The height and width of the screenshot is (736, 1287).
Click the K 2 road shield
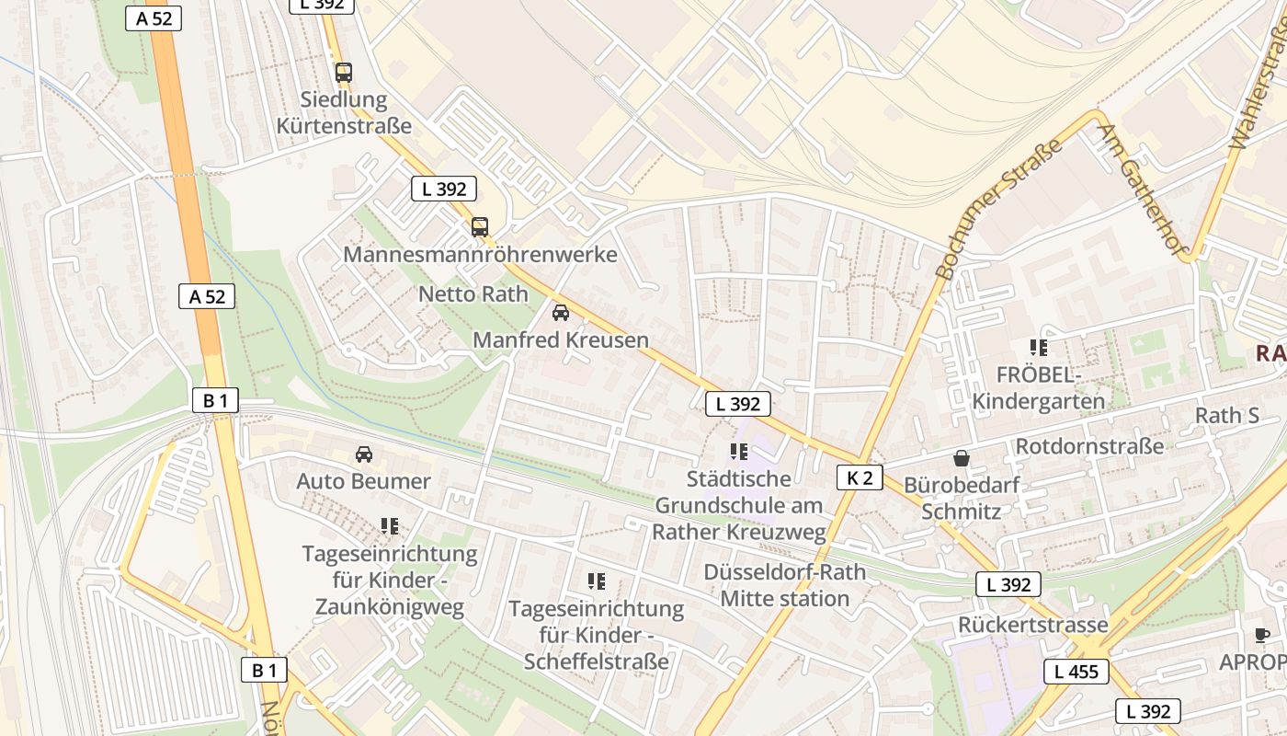[x=860, y=477]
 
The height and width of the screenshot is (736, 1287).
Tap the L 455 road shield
[x=1076, y=672]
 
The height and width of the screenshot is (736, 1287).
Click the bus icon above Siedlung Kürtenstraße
[x=344, y=72]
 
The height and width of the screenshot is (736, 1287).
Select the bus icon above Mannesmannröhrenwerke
[x=480, y=226]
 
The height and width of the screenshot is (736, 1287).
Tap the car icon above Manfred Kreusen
[x=561, y=312]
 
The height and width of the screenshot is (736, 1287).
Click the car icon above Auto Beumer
[x=364, y=454]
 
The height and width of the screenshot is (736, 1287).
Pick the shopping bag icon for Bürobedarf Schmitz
[x=962, y=457]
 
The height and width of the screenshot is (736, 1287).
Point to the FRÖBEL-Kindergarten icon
[x=1039, y=348]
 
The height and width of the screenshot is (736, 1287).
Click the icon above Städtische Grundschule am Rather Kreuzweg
[x=738, y=451]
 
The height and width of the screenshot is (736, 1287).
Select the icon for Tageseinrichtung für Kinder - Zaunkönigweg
[x=390, y=526]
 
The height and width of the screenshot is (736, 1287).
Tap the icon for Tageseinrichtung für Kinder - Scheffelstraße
[x=597, y=581]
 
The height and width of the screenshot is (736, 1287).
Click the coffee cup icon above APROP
[x=1262, y=635]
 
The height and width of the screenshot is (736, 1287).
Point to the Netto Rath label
[x=473, y=294]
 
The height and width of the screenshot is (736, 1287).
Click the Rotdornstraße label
[x=1089, y=446]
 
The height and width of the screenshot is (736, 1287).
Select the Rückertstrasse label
[x=1033, y=625]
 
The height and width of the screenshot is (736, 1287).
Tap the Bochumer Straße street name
[x=998, y=209]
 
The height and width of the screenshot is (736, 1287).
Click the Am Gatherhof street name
[x=1145, y=190]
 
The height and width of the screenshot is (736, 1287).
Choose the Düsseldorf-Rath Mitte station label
[x=785, y=585]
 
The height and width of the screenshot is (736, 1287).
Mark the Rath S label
[x=1227, y=416]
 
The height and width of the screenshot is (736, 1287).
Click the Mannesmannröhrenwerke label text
[x=480, y=254]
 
